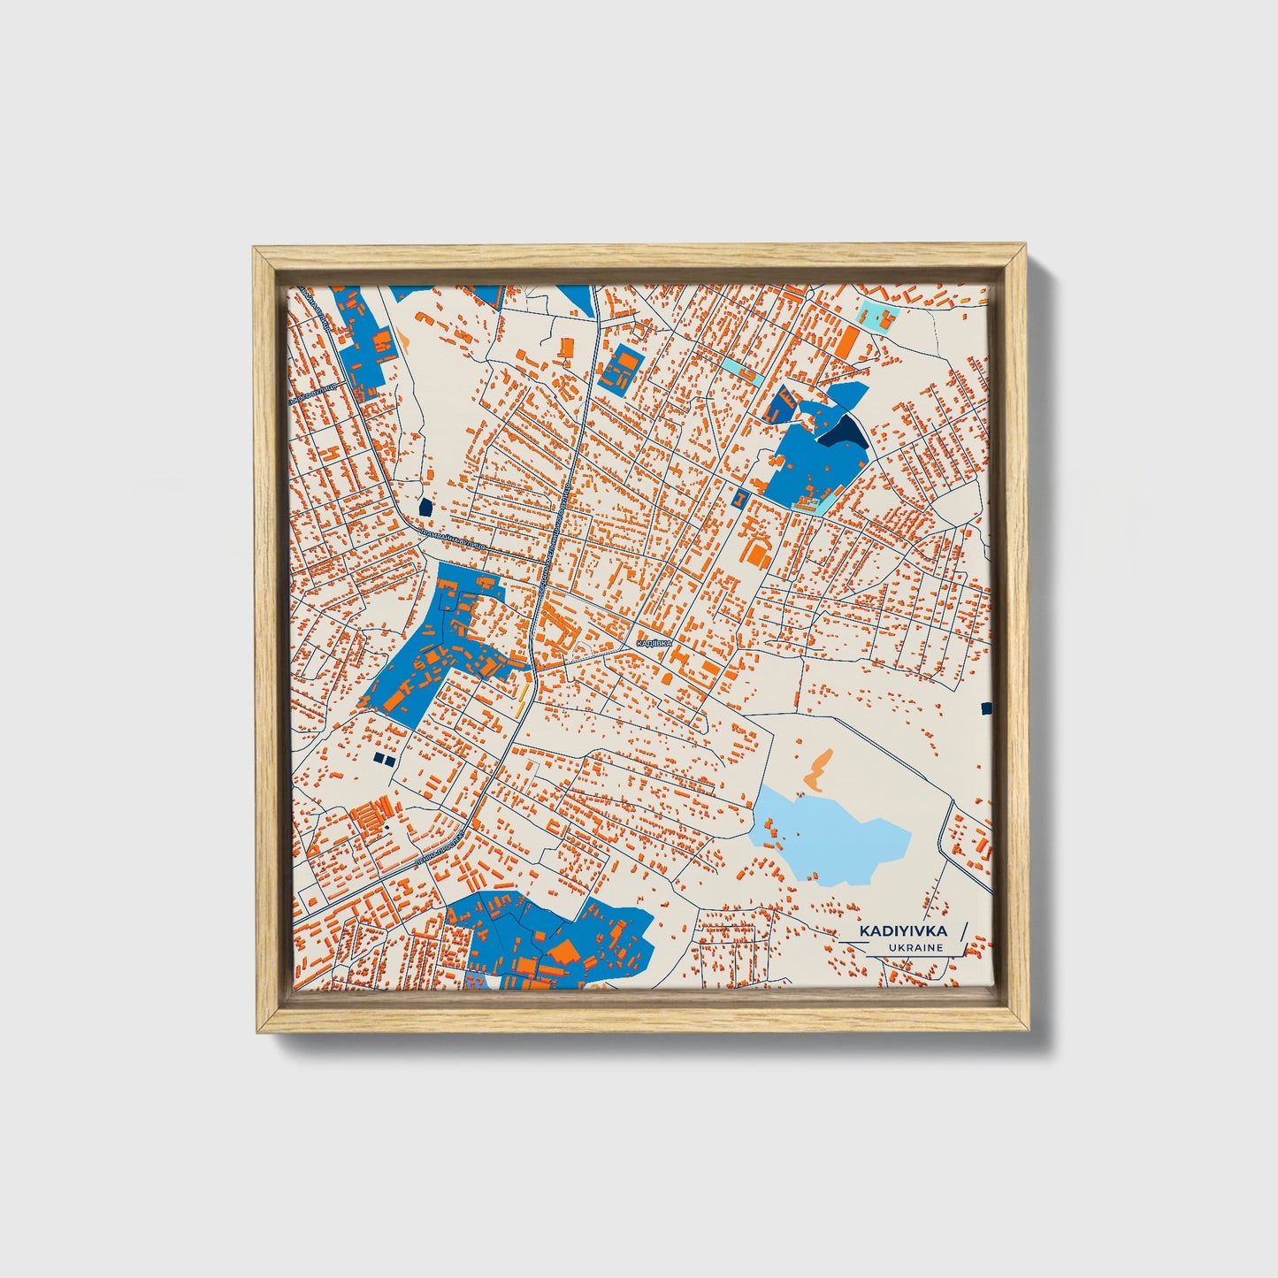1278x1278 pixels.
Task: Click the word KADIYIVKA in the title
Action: point(903,930)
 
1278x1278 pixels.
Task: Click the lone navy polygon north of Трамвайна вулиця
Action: point(425,507)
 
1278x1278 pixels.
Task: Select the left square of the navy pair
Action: point(378,759)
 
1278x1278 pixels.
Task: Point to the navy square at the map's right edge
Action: point(986,708)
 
